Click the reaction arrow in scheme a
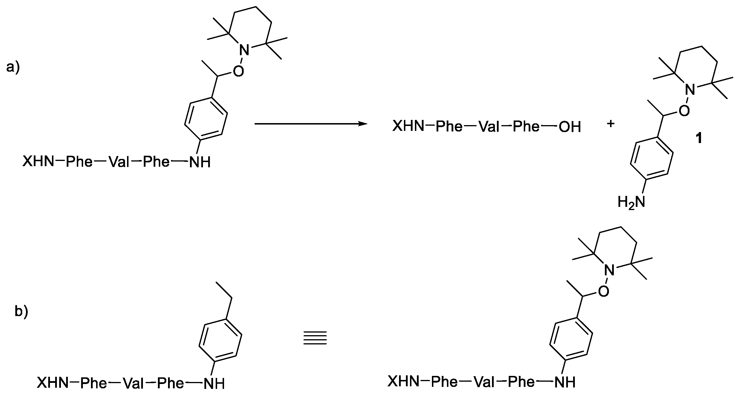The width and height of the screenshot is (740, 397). tap(310, 124)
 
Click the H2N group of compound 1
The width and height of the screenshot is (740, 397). tap(631, 202)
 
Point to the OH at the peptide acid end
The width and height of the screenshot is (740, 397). tap(570, 127)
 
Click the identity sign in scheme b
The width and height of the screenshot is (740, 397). tap(315, 338)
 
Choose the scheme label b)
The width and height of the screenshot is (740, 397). tap(21, 312)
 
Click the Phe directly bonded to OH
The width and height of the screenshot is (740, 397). tap(526, 127)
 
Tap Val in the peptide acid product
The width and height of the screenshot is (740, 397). tap(489, 127)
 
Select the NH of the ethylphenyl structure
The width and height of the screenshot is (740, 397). tap(214, 384)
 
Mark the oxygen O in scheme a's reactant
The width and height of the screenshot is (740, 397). tap(238, 71)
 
